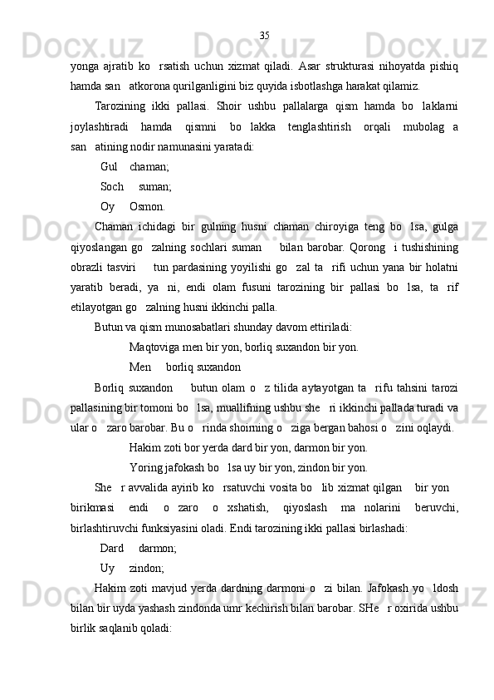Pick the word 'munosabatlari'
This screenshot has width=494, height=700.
196,327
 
